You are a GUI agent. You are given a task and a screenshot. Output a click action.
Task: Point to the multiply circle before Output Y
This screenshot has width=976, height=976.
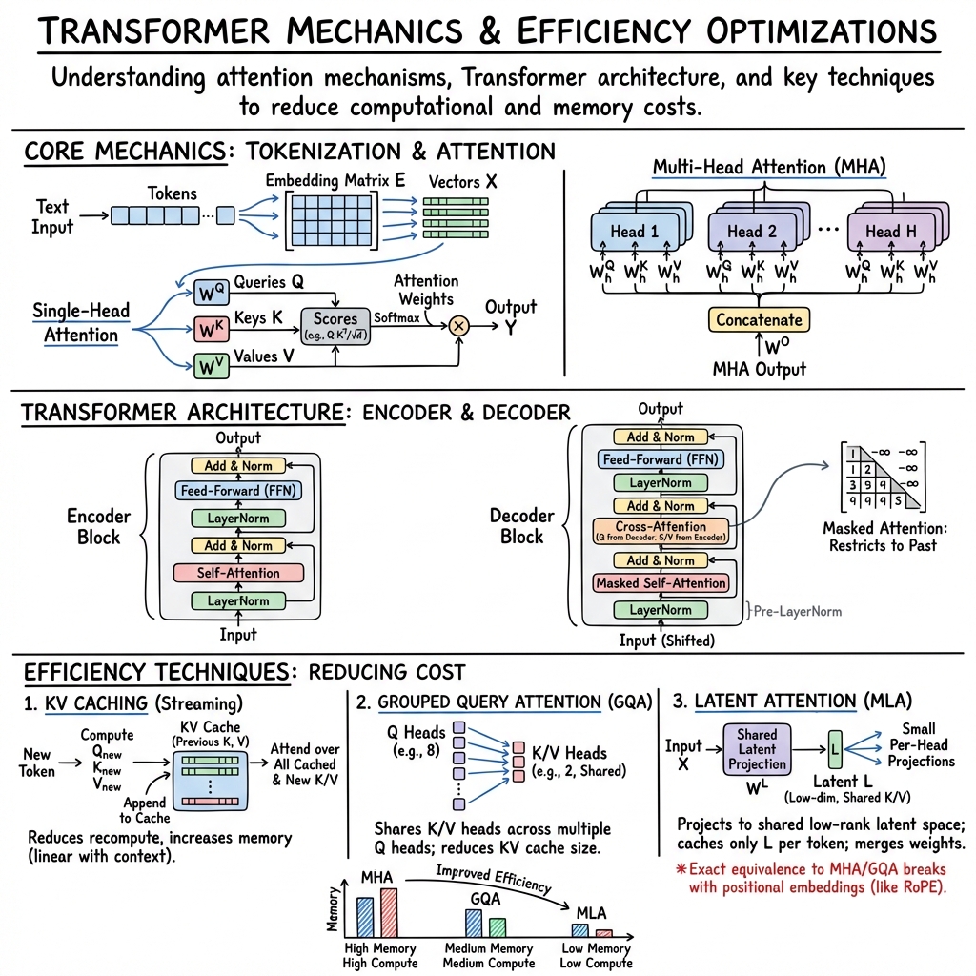point(459,325)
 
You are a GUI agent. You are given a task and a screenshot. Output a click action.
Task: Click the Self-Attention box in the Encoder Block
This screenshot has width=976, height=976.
point(237,573)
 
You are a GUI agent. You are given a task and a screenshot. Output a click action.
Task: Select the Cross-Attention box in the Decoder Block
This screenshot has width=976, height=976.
point(661,530)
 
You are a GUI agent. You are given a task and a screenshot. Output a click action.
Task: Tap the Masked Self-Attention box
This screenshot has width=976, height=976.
point(661,582)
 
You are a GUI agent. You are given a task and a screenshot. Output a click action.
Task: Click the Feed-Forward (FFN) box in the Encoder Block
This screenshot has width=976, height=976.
point(237,492)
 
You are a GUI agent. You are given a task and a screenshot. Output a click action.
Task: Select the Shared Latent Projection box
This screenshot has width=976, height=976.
point(757,749)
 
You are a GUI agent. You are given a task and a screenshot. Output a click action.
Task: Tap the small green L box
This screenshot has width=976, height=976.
point(833,748)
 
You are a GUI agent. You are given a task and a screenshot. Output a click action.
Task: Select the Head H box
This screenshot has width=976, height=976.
point(882,232)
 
